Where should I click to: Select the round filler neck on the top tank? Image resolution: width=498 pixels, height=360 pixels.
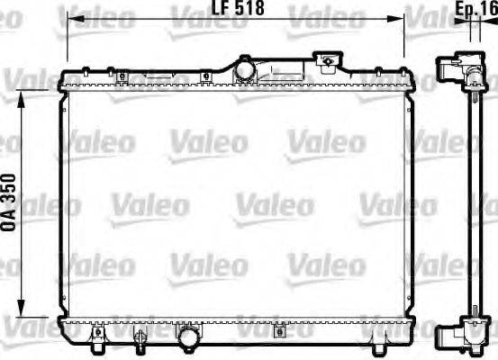click(244, 67)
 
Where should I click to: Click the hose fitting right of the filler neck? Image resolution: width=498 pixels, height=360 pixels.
click(329, 62)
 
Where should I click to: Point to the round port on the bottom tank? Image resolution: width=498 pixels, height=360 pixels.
click(188, 337)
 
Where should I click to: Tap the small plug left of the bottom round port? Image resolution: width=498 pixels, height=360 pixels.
click(140, 337)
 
